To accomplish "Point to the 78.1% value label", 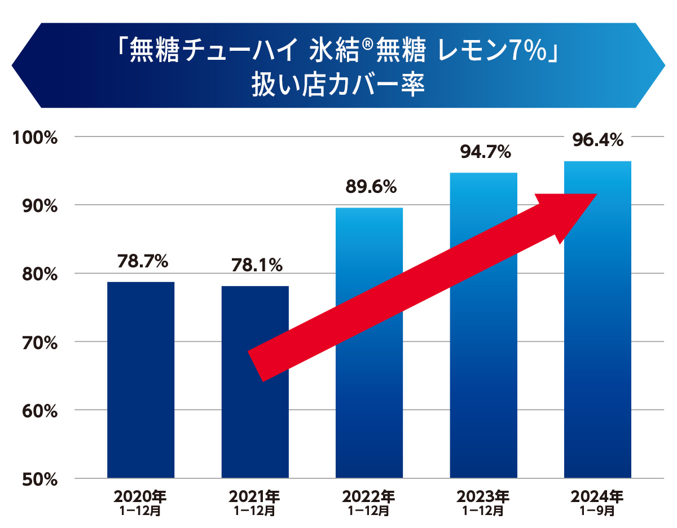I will tap(257, 266).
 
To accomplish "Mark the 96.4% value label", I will tap(598, 139).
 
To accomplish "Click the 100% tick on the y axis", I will tap(35, 138).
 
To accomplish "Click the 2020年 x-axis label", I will tap(140, 497).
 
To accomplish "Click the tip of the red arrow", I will tap(596, 195).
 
